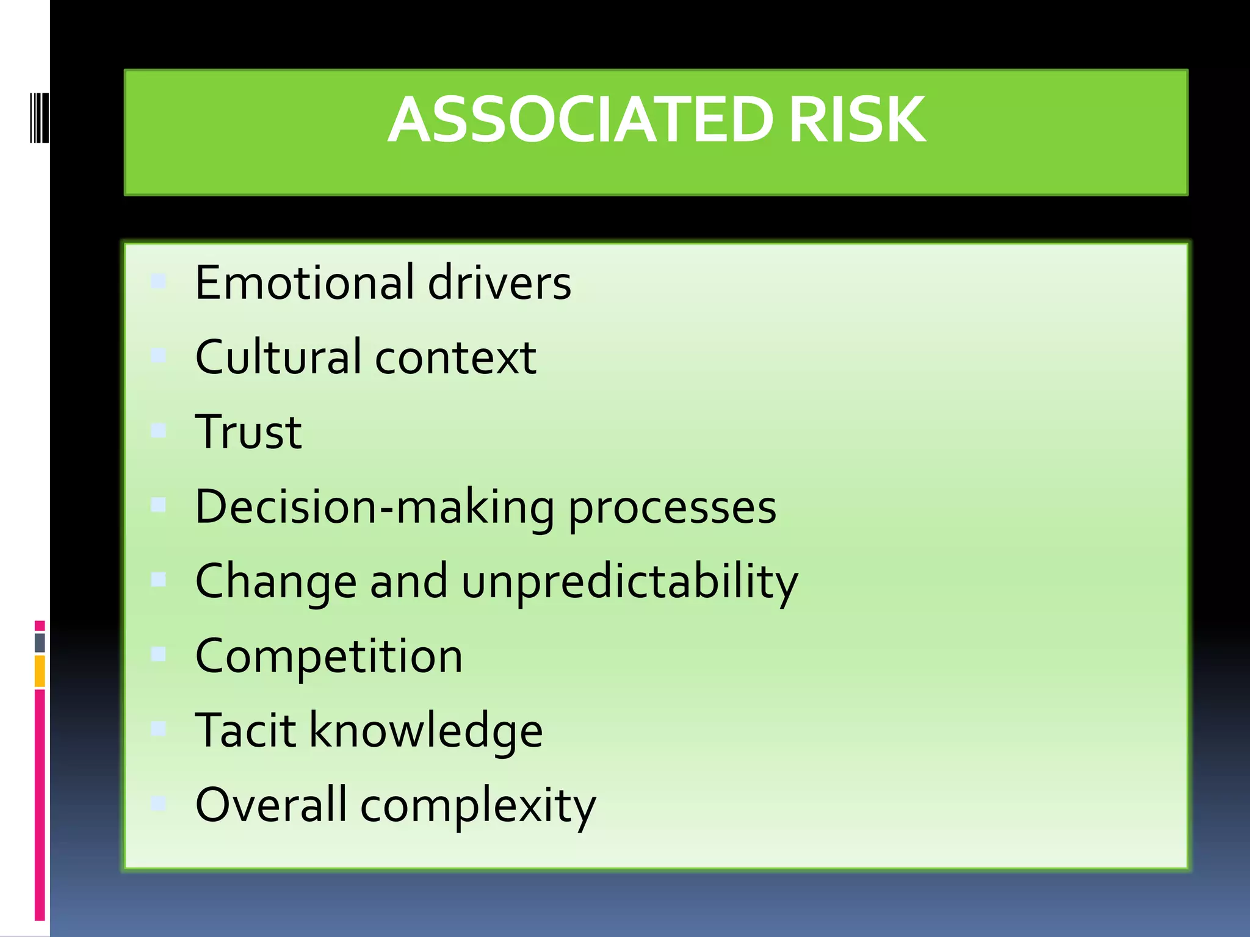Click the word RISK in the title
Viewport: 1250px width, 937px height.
pyautogui.click(x=856, y=120)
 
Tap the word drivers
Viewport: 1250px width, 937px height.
pyautogui.click(x=499, y=282)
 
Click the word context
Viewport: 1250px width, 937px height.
pyautogui.click(x=455, y=357)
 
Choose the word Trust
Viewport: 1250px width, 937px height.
pyautogui.click(x=248, y=431)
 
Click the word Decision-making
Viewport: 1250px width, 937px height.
pyautogui.click(x=375, y=507)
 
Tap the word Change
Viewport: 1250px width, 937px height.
pyautogui.click(x=276, y=582)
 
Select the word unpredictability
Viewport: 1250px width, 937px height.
pyautogui.click(x=629, y=582)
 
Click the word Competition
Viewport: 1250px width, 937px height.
pyautogui.click(x=329, y=656)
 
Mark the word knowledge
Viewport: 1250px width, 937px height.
pyautogui.click(x=426, y=731)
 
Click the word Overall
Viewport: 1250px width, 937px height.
pyautogui.click(x=271, y=804)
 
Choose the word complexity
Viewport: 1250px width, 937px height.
pyautogui.click(x=478, y=805)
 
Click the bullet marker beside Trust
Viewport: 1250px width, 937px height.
pyautogui.click(x=159, y=431)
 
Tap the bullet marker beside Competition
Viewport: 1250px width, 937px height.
pyautogui.click(x=159, y=654)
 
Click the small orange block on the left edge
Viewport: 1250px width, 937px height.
pyautogui.click(x=40, y=670)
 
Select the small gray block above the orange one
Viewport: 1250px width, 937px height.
pyautogui.click(x=40, y=642)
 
